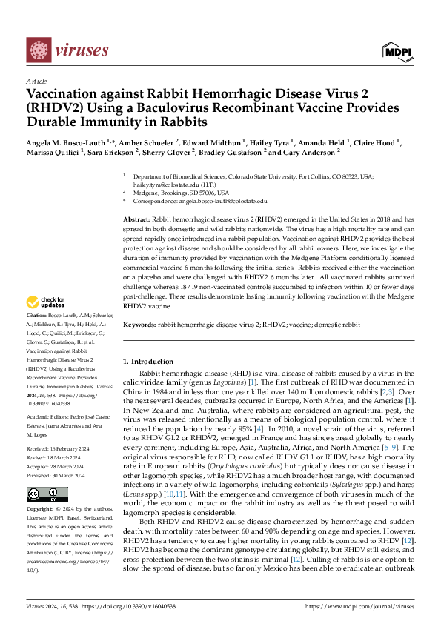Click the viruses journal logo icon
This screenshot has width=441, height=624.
[x=39, y=51]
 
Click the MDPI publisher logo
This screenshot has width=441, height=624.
[x=398, y=51]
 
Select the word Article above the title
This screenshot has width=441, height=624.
[x=36, y=81]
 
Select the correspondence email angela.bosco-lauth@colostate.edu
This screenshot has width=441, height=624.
[x=221, y=201]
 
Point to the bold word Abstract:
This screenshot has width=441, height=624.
[x=136, y=221]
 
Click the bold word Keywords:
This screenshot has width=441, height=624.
[x=139, y=325]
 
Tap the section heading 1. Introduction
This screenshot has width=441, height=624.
[x=147, y=361]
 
